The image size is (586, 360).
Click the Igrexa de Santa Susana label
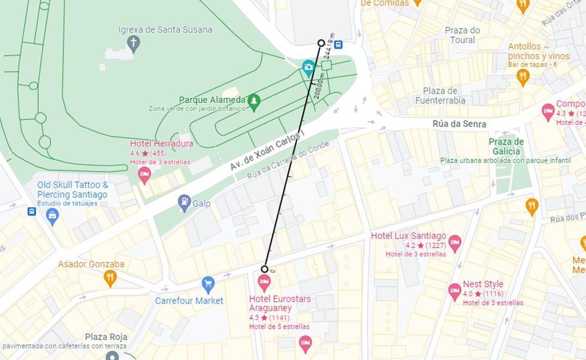click(x=165, y=30)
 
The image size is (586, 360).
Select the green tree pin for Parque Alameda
click(x=253, y=102)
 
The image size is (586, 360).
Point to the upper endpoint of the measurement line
click(x=321, y=43)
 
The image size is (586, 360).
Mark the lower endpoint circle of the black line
click(x=264, y=269)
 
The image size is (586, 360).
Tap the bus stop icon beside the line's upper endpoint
click(x=338, y=45)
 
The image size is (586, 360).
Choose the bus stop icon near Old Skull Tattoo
click(x=32, y=212)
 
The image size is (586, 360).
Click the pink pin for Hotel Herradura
click(x=144, y=174)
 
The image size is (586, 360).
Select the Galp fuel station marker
click(x=184, y=202)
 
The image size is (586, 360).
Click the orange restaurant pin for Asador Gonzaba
click(x=110, y=278)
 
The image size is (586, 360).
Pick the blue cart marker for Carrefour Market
click(x=208, y=284)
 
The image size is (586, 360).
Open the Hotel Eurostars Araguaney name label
click(x=279, y=303)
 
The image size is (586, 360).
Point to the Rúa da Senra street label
click(x=459, y=124)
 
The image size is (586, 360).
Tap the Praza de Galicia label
click(x=506, y=146)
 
